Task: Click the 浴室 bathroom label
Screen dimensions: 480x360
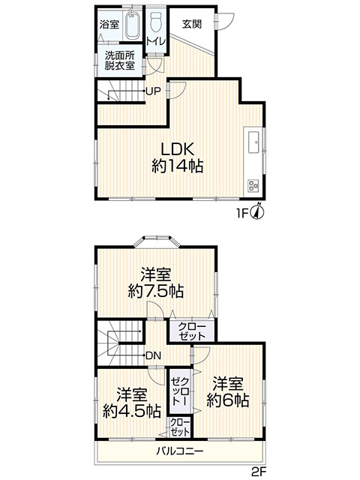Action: pos(109,25)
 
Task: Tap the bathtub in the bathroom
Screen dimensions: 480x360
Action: pos(131,28)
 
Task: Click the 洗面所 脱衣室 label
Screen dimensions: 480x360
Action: pos(119,60)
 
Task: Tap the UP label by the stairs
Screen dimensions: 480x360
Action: pos(153,92)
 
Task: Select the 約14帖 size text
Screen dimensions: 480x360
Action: pos(178,166)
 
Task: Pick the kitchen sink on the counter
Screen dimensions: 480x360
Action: pos(253,139)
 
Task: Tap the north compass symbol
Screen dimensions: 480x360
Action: pos(256,212)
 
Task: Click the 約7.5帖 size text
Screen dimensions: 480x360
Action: pos(156,291)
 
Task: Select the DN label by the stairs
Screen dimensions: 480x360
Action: pos(153,355)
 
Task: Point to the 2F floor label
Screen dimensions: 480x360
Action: pos(259,472)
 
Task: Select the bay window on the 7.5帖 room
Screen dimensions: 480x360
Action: pos(157,242)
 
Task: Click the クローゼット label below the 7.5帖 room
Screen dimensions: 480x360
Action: pos(191,331)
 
